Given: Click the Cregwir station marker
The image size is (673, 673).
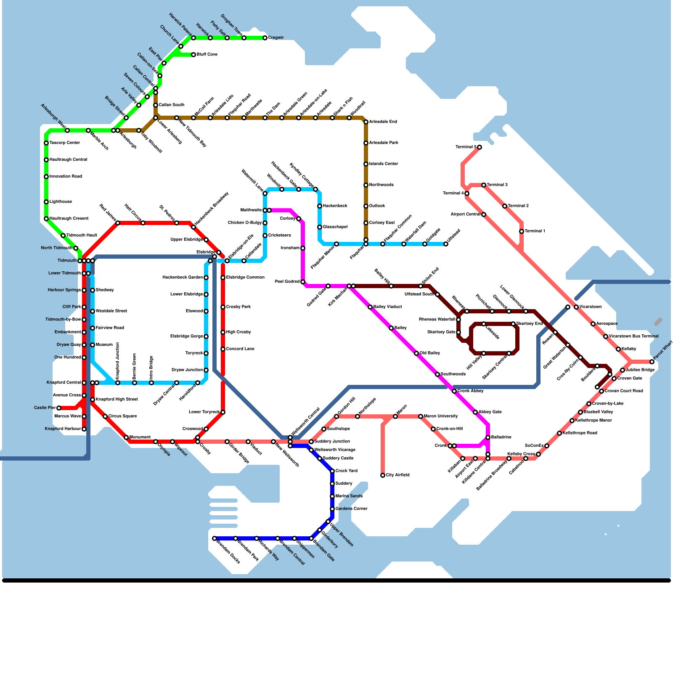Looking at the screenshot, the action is click(x=265, y=38).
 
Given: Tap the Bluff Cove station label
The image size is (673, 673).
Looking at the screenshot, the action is click(x=207, y=55).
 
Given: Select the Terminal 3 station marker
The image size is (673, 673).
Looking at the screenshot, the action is click(x=484, y=185).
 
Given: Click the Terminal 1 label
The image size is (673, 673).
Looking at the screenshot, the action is click(x=535, y=231).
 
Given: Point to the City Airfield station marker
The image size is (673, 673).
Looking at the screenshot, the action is click(x=383, y=475).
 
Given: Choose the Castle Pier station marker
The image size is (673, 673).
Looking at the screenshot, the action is click(x=59, y=408).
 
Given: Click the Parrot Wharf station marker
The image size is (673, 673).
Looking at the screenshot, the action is click(x=652, y=362).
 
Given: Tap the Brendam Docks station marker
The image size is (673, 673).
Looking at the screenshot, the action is click(x=215, y=538).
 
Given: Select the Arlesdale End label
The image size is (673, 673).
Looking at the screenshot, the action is click(x=383, y=122).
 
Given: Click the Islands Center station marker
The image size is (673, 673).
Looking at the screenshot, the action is click(x=366, y=164).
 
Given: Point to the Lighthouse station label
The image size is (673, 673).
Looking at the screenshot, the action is click(x=61, y=202).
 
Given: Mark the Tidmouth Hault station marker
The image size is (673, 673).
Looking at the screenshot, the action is click(x=63, y=236).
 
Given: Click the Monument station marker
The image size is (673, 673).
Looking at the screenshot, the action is click(x=126, y=437).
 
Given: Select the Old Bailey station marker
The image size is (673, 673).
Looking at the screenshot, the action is click(x=416, y=353).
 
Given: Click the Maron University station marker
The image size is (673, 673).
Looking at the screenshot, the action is click(x=421, y=416).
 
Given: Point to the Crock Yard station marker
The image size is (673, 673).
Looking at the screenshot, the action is click(x=332, y=471).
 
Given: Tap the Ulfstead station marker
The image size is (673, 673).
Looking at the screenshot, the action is click(x=446, y=244).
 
